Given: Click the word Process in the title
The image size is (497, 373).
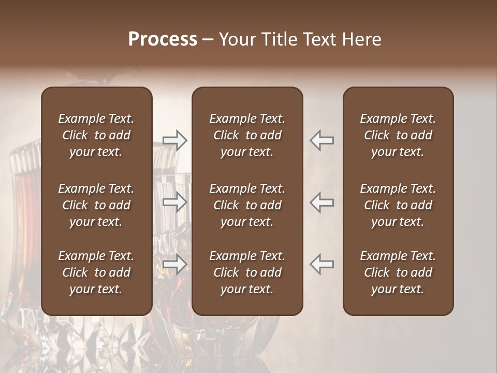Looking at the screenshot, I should (x=163, y=39).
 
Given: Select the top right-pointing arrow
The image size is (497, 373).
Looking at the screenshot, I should (x=174, y=140).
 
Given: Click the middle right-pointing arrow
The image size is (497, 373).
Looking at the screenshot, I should (x=174, y=202).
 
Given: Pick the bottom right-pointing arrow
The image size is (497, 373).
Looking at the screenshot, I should (x=174, y=264).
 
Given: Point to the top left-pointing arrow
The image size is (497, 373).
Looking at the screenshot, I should (x=322, y=140).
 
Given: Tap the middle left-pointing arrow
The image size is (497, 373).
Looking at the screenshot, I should (x=322, y=202).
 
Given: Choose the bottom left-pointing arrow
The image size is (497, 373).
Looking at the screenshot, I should (x=322, y=264).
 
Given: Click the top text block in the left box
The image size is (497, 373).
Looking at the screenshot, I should (x=96, y=135).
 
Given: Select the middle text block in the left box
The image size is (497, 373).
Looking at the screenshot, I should (x=96, y=205).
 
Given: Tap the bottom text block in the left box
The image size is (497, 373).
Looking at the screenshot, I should (x=96, y=272).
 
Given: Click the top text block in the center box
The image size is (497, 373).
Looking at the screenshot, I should (x=247, y=135).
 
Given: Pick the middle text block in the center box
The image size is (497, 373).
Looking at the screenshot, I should (x=247, y=205).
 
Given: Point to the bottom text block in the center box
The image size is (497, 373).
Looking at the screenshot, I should (x=247, y=272).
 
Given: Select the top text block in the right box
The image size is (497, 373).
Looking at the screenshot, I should (x=398, y=135).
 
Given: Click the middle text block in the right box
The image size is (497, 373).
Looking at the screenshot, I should (x=398, y=205).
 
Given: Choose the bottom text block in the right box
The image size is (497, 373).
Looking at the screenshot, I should (x=398, y=272).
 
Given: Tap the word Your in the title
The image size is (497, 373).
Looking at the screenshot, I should (x=236, y=39).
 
